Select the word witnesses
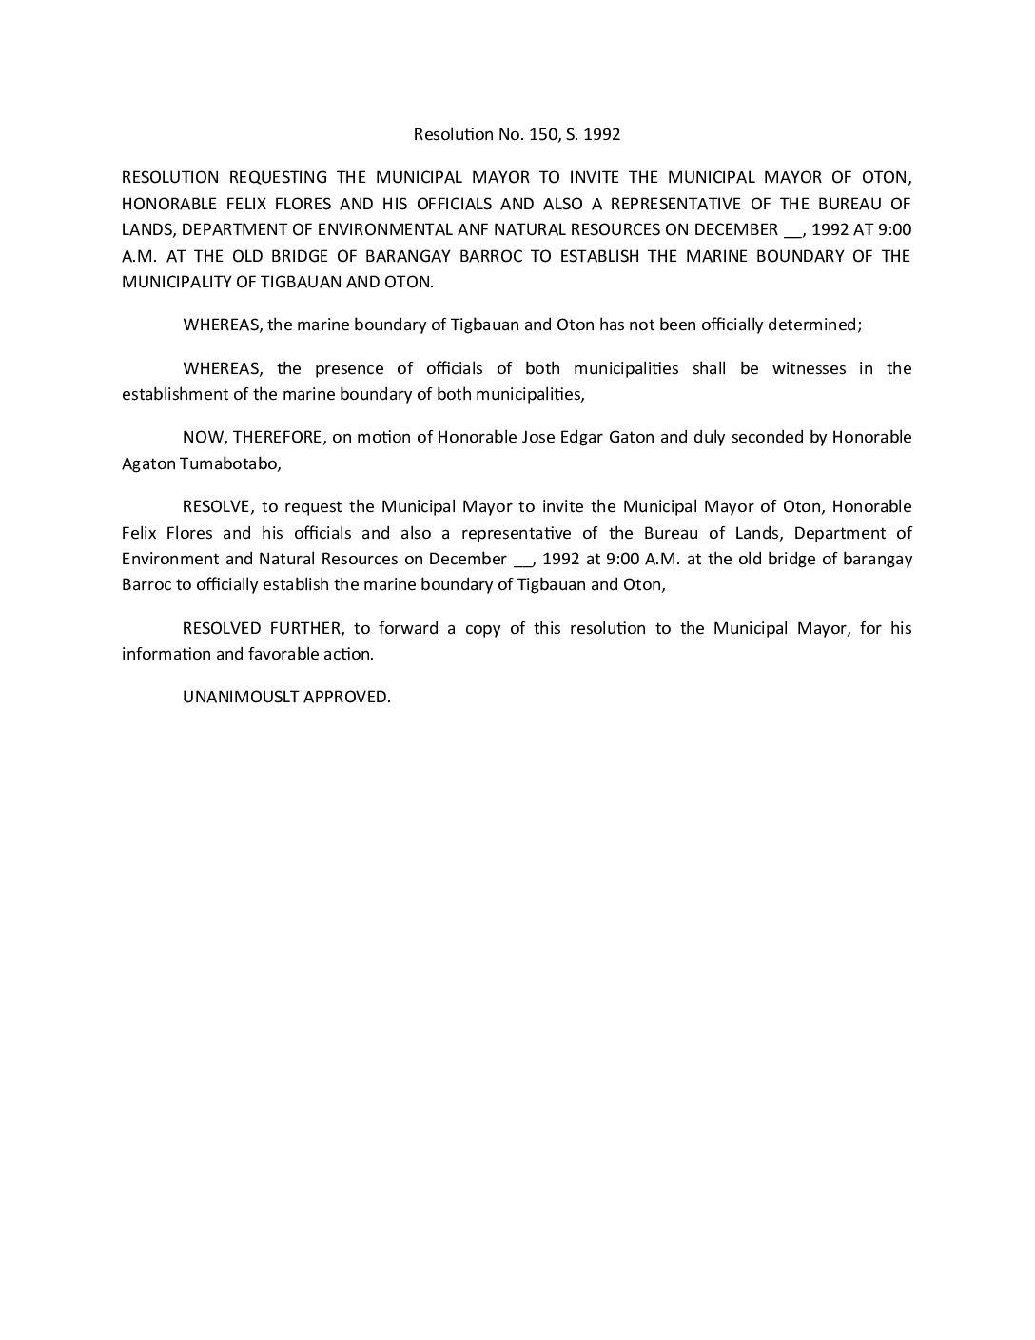coord(809,368)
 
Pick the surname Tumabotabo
coord(218,463)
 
